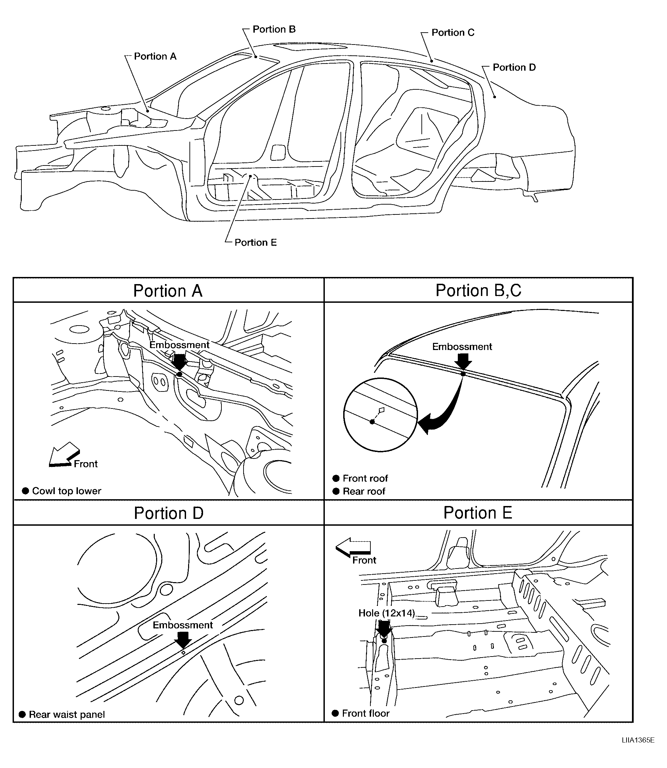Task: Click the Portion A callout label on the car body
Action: [x=155, y=56]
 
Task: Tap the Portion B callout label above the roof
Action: [x=274, y=29]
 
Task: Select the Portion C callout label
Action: [x=453, y=32]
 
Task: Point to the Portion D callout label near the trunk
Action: [x=514, y=67]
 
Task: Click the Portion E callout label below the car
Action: [x=255, y=243]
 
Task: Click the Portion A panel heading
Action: [x=168, y=291]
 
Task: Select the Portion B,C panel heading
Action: [x=478, y=291]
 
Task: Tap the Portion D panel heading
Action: [x=169, y=513]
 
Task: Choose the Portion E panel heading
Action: [x=478, y=513]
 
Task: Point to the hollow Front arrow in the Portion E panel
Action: [x=353, y=547]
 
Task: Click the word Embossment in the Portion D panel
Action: [x=183, y=625]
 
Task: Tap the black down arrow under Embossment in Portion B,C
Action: [x=463, y=362]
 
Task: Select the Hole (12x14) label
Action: [x=386, y=613]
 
